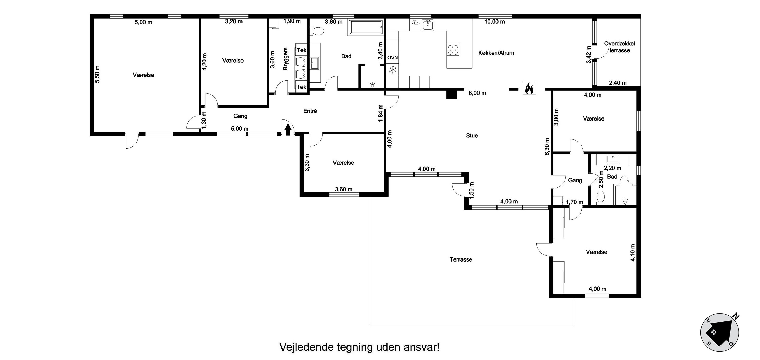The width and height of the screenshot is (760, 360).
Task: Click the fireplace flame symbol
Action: click(529, 88)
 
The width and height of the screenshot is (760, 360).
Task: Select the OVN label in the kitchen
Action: click(392, 58)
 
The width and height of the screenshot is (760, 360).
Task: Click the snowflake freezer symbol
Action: click(392, 70)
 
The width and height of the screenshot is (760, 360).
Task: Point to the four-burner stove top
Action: click(453, 50)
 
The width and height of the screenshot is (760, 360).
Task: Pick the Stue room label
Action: click(472, 136)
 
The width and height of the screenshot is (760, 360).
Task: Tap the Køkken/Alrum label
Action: click(496, 53)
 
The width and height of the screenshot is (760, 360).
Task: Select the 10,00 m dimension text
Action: click(494, 22)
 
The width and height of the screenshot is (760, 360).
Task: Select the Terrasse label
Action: click(461, 260)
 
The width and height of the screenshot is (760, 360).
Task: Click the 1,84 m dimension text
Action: click(381, 113)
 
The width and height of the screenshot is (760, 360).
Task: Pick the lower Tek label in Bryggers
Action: click(302, 87)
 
